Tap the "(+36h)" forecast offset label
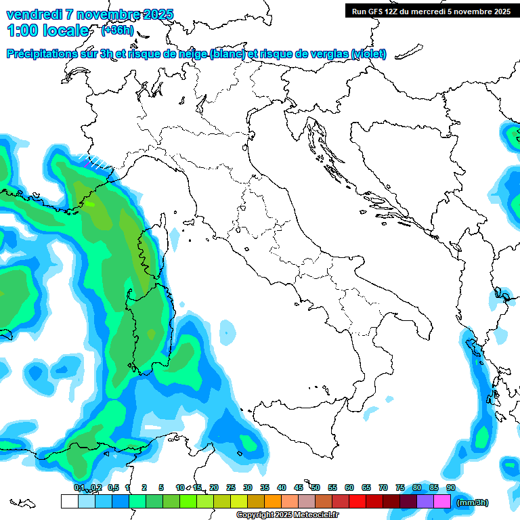click(x=117, y=30)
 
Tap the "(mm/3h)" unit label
click(x=473, y=502)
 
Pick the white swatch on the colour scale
click(x=69, y=502)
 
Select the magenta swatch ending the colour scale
click(x=442, y=502)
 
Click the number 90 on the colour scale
click(x=451, y=487)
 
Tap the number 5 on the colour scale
click(x=161, y=487)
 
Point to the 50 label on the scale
click(x=316, y=487)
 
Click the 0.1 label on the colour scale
click(x=79, y=487)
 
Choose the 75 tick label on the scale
click(x=400, y=487)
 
